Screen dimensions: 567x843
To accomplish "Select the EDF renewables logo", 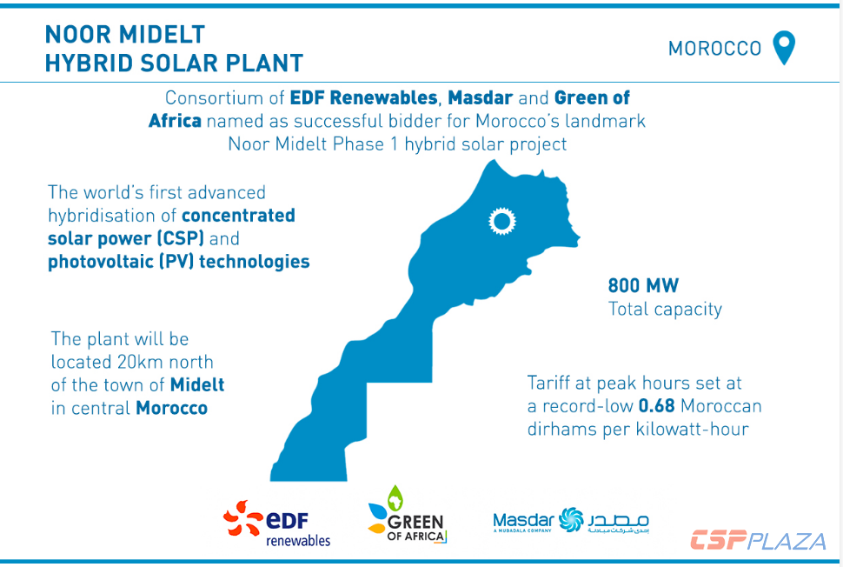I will click(277, 522).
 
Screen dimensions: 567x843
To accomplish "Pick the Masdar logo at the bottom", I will click(570, 521).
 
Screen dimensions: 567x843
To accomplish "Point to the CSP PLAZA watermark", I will click(758, 540).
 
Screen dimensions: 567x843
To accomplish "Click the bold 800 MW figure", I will click(643, 285).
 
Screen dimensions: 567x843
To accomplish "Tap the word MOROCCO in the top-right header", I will click(714, 49).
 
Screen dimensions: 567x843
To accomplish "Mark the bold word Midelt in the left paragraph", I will click(197, 384).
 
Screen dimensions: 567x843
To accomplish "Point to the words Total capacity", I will click(665, 309).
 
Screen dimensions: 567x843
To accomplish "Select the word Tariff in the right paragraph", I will click(553, 383).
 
